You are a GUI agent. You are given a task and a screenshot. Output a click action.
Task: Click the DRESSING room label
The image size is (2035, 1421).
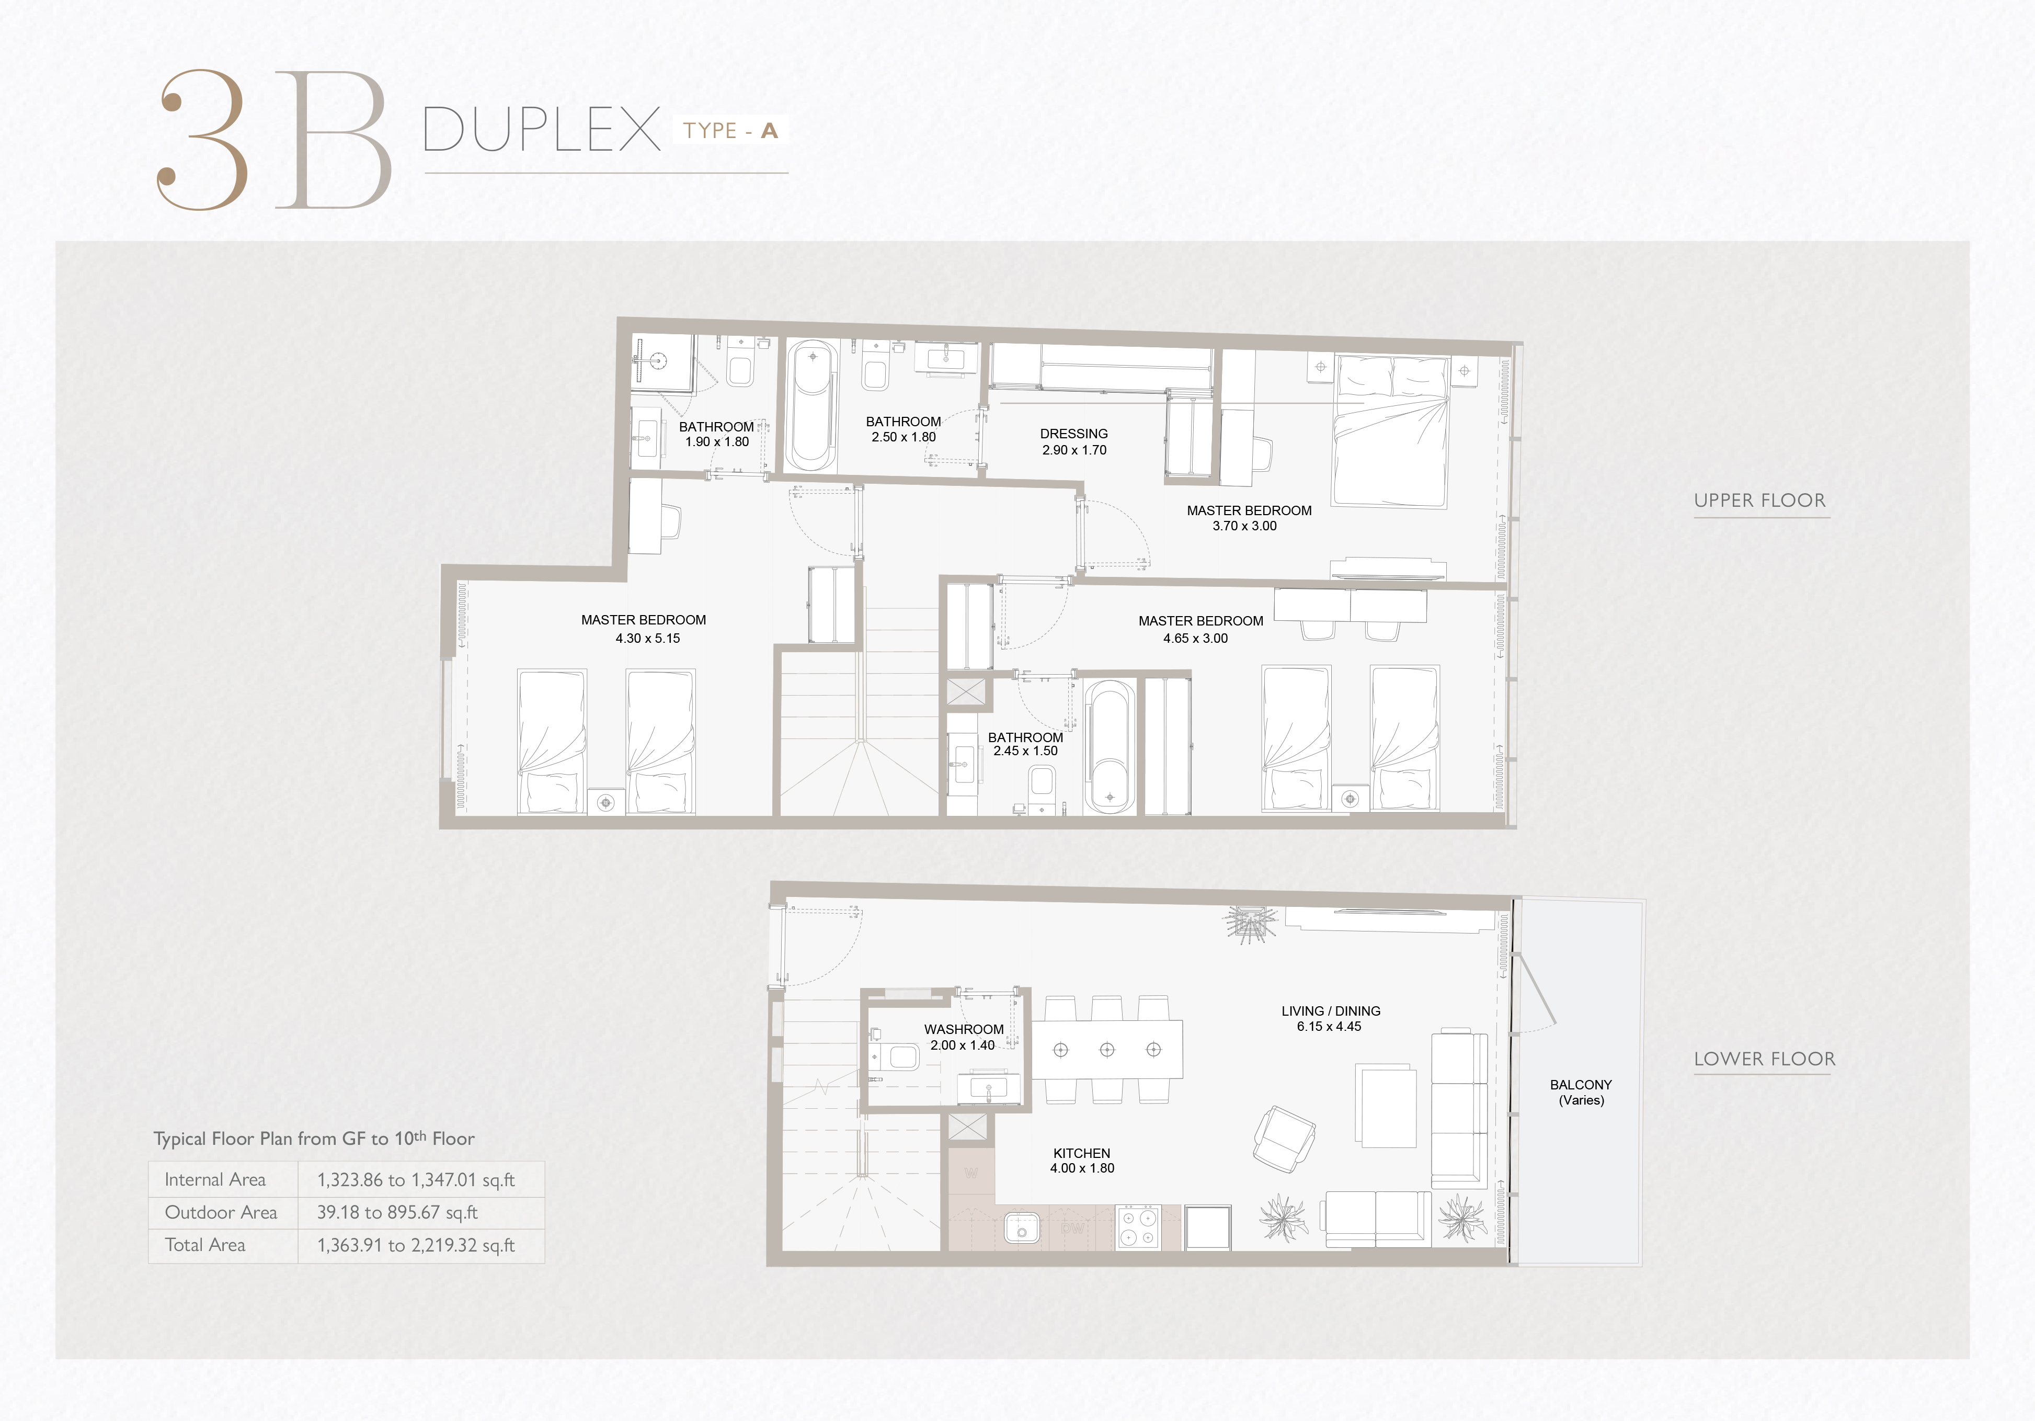pyautogui.click(x=1073, y=434)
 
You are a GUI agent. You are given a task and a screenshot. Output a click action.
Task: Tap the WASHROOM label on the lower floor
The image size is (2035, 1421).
pyautogui.click(x=964, y=1029)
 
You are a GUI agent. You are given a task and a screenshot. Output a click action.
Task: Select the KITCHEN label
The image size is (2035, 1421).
pyautogui.click(x=1081, y=1153)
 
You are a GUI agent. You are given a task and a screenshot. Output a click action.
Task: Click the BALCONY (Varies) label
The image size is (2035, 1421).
pyautogui.click(x=1581, y=1092)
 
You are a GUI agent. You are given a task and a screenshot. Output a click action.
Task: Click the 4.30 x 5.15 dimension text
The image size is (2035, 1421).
pyautogui.click(x=648, y=638)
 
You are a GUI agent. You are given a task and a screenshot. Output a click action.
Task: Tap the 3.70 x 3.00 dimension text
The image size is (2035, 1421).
pyautogui.click(x=1244, y=526)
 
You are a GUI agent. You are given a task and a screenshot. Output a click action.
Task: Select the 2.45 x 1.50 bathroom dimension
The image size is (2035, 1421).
pyautogui.click(x=1025, y=751)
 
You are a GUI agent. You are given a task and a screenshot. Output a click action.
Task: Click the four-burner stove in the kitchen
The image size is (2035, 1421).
pyautogui.click(x=1138, y=1228)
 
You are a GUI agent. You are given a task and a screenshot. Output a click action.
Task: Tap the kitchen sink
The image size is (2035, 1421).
pyautogui.click(x=1021, y=1229)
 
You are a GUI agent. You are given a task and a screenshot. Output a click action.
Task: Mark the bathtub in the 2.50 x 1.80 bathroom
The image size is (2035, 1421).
pyautogui.click(x=813, y=407)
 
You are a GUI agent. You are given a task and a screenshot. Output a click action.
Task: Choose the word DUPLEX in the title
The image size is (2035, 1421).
pyautogui.click(x=542, y=129)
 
